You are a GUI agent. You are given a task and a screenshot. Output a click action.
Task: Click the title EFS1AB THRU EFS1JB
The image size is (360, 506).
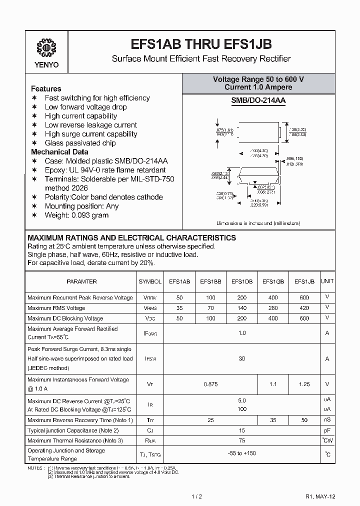point(200,44)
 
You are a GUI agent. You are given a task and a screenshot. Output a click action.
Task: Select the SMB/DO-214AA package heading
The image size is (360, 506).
point(258,100)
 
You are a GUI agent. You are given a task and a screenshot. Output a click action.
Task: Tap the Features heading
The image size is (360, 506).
point(46,88)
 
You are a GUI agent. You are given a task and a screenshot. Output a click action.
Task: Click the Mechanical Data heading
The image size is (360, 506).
point(59,152)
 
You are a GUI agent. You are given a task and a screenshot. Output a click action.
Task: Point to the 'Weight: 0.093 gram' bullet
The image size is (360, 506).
point(76,215)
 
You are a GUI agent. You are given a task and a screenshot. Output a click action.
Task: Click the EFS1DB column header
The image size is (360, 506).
point(242,281)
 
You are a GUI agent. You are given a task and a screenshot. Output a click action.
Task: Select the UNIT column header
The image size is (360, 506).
point(327,281)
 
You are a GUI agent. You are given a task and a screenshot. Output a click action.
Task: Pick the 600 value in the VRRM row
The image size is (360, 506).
point(304,297)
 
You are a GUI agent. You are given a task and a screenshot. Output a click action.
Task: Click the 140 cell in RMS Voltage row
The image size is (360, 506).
point(242,308)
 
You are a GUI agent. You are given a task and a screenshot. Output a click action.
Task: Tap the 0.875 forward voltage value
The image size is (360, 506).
point(210,384)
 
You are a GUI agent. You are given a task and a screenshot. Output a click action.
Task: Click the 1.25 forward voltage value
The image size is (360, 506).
point(304,384)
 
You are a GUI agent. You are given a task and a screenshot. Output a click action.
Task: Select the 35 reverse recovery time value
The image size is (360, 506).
point(273,420)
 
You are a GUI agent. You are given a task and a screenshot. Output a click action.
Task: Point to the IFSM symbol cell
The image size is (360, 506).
point(150,359)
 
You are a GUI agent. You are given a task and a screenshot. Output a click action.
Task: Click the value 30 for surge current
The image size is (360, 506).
point(242,359)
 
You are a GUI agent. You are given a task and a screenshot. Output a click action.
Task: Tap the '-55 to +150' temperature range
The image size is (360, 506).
point(242,453)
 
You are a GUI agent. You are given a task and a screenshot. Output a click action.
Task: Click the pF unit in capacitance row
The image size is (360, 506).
point(327,430)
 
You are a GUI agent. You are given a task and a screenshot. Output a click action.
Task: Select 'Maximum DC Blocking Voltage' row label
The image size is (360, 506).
point(65,318)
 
